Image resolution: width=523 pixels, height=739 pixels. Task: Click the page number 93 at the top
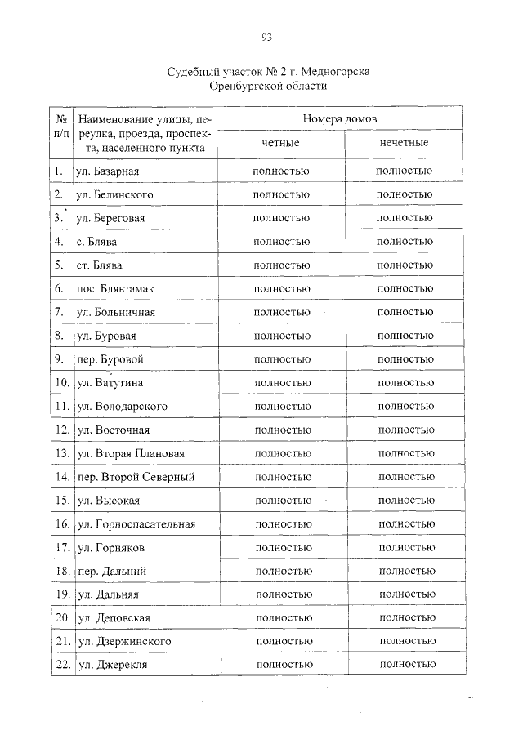click(266, 37)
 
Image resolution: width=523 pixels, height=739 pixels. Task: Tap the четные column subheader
click(280, 143)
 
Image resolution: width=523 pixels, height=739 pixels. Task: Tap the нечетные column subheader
click(404, 143)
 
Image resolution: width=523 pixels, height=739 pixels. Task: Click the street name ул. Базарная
click(107, 171)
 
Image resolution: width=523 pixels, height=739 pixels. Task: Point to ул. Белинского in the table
click(114, 194)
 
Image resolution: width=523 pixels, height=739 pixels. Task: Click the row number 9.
click(59, 358)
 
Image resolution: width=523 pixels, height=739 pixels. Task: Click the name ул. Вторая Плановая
click(129, 453)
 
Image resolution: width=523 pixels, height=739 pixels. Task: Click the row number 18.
click(60, 571)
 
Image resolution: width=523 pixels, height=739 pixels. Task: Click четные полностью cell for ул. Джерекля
click(284, 666)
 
